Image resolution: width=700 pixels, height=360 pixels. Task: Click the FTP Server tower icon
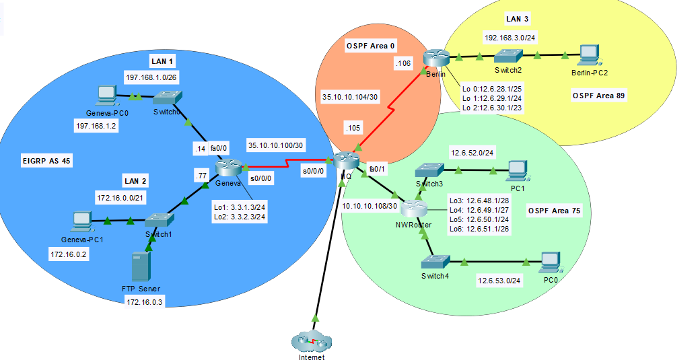point(141,266)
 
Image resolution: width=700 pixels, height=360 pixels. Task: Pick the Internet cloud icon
point(311,341)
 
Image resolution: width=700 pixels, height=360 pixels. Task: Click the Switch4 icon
point(435,262)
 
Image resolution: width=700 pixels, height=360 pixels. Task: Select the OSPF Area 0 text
point(371,45)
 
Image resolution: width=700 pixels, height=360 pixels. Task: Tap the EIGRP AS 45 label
point(46,161)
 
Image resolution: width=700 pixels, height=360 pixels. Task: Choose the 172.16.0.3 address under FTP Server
point(143,302)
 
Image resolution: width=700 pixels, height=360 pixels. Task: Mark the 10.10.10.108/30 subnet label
point(371,206)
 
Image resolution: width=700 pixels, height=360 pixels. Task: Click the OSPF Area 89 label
point(598,96)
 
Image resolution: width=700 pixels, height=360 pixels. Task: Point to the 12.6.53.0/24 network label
point(499,280)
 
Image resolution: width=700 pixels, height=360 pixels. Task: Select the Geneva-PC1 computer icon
point(81,220)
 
